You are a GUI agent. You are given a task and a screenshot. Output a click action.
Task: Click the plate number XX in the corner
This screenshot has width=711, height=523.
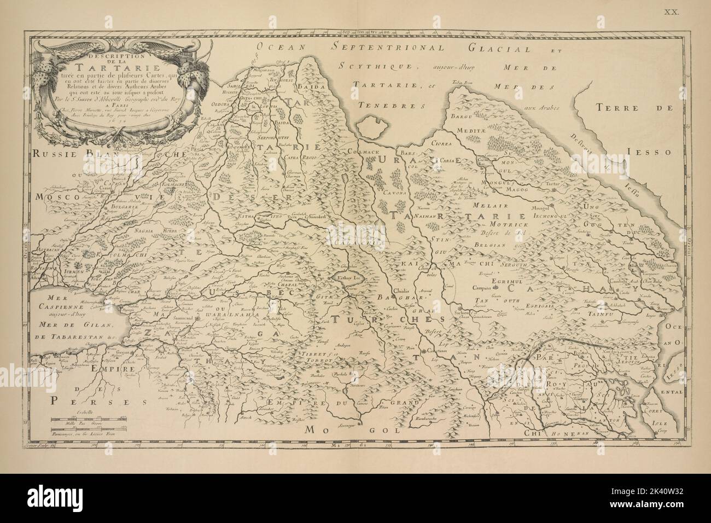671,10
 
